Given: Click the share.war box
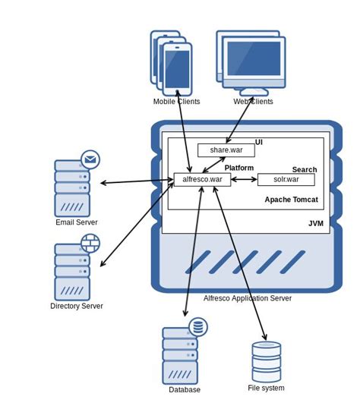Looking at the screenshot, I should [x=226, y=150].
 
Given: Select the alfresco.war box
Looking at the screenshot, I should [x=202, y=180].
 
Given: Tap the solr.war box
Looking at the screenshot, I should [x=286, y=180].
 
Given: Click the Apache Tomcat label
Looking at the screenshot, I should [x=292, y=200].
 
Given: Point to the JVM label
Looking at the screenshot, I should [x=316, y=224].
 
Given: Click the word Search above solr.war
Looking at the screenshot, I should [x=305, y=170].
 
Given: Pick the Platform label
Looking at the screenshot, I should [x=239, y=168].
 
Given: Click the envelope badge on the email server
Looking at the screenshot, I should [x=90, y=159].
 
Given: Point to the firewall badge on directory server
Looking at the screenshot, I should [x=90, y=243].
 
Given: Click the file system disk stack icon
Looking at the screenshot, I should [x=267, y=362].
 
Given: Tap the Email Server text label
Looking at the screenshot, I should [x=77, y=222].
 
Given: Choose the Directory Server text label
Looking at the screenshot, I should [x=77, y=306].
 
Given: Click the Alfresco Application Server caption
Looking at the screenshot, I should [x=248, y=298].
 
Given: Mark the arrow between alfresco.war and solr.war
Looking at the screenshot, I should [x=244, y=180].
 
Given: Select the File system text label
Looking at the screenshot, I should [x=266, y=388].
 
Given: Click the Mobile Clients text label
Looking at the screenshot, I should [x=176, y=102].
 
